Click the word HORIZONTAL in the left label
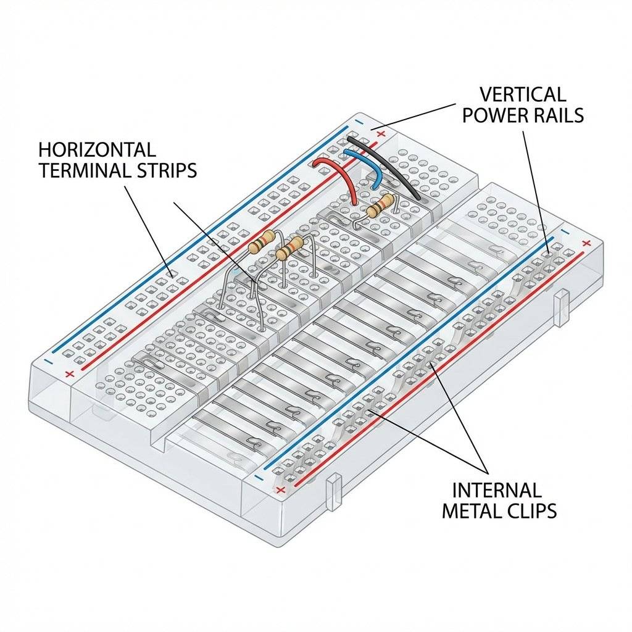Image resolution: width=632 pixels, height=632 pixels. [97, 150]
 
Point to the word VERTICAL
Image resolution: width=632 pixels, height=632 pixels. [522, 94]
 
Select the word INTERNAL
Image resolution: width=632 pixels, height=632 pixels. [497, 491]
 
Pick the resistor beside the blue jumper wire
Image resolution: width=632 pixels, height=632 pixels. [380, 206]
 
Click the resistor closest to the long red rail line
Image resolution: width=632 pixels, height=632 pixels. [261, 244]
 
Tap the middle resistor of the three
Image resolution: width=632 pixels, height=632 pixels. [290, 248]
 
